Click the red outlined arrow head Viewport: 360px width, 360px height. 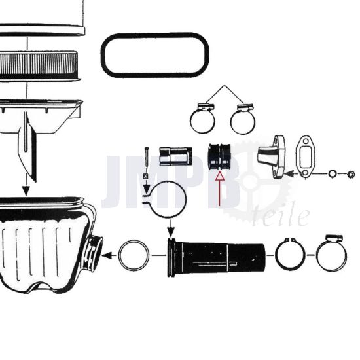coord(220,176)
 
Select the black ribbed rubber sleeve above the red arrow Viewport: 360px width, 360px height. coord(219,156)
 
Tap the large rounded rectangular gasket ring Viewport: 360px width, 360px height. coord(155,55)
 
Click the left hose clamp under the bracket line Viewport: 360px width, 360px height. coord(202,118)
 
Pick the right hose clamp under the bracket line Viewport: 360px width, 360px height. coord(243,119)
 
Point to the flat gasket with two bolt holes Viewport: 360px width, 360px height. coord(305,157)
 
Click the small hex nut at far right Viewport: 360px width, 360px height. coord(351,175)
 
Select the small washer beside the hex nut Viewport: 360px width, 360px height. coord(333,174)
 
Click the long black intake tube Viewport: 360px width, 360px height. coord(216,257)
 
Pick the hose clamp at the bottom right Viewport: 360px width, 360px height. coord(332,253)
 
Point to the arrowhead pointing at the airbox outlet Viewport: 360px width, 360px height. coord(107,255)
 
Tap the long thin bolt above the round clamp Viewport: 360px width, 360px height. coord(147,159)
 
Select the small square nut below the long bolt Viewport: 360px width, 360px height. coord(145,176)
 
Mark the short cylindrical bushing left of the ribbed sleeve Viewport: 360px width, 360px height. coord(176,156)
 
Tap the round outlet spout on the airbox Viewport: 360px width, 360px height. coord(94,253)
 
